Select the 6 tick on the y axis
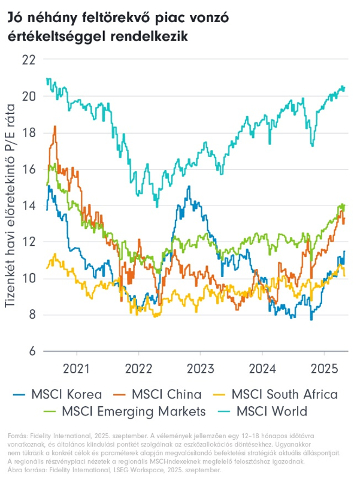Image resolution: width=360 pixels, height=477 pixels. [31, 351]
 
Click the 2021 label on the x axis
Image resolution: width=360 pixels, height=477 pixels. [76, 367]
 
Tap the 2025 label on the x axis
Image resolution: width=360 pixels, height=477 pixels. [324, 367]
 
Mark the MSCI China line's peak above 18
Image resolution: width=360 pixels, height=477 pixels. [55, 126]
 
